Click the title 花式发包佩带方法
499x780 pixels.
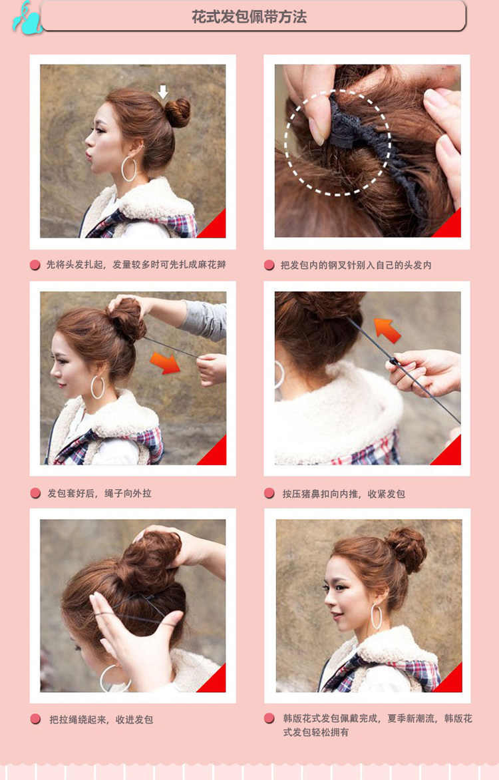[x=249, y=17]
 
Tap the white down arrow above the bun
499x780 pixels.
[x=163, y=91]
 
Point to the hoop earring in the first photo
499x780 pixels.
[x=128, y=169]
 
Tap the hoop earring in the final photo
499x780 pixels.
[x=376, y=616]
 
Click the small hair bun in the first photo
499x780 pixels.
[x=178, y=112]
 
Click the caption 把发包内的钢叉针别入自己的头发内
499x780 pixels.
[x=356, y=265]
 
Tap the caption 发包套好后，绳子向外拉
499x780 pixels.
[x=99, y=493]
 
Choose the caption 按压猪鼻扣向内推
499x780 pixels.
[x=343, y=493]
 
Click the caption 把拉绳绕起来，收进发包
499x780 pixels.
[x=101, y=719]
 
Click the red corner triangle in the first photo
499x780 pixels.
[x=216, y=227]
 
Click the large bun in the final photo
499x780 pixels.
[x=407, y=548]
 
